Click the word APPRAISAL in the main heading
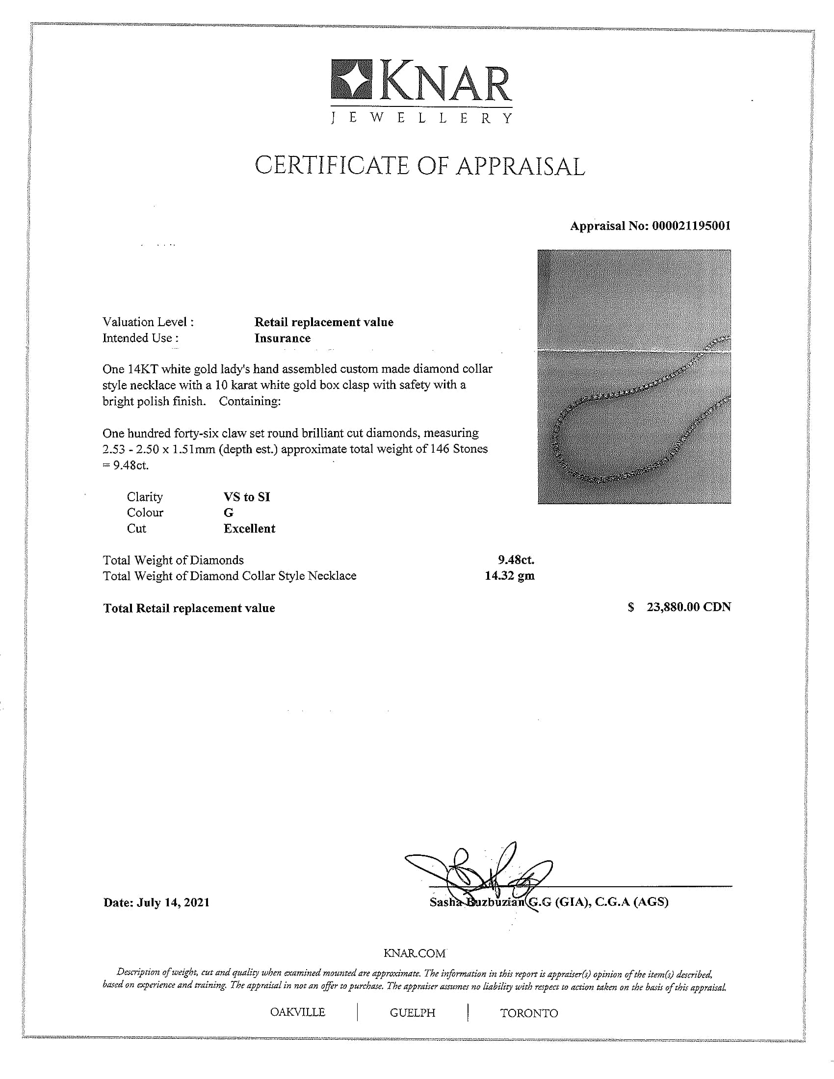(x=520, y=166)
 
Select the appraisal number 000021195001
(x=691, y=226)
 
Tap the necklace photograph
(x=634, y=377)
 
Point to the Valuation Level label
(x=148, y=322)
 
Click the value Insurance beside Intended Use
(x=282, y=338)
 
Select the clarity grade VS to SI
(x=247, y=497)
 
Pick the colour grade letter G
(x=228, y=513)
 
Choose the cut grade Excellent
(x=249, y=529)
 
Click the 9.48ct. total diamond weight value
(x=516, y=560)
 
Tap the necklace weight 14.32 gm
(x=509, y=576)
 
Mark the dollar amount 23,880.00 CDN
(x=688, y=607)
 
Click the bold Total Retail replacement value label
(x=189, y=608)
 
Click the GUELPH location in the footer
(x=413, y=1013)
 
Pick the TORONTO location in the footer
(x=529, y=1013)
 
